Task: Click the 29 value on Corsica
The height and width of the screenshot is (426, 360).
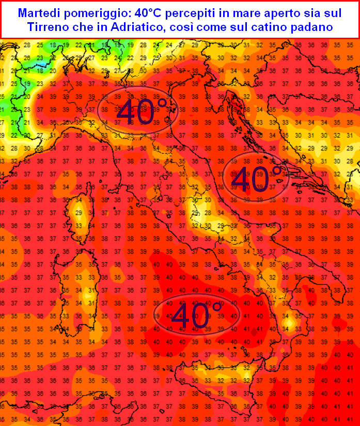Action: tap(79, 213)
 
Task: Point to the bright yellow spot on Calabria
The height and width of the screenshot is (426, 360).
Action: tap(289, 324)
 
